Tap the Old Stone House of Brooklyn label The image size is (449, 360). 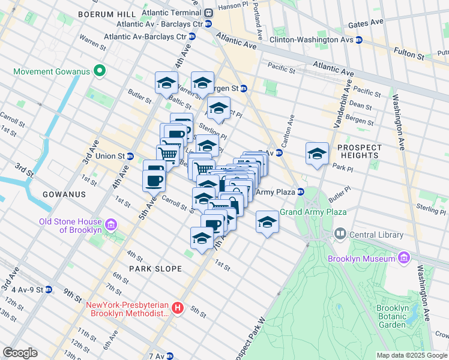pos(70,226)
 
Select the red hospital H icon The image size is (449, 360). pos(178,308)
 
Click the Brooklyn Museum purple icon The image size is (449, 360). pos(404,259)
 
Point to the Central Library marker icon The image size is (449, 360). pos(340,233)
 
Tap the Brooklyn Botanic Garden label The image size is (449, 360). pos(393,316)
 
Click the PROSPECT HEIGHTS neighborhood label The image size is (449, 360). pos(360,151)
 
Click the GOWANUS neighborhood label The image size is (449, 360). pos(64,194)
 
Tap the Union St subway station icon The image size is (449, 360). pos(130,156)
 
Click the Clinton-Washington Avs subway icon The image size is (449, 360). pos(358,40)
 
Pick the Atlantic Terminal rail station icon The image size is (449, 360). pos(208,13)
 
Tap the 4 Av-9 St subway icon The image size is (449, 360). pos(49,290)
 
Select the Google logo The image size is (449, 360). pos(20,353)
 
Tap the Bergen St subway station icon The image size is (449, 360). pos(244,88)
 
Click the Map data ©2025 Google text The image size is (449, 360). pos(411,355)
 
